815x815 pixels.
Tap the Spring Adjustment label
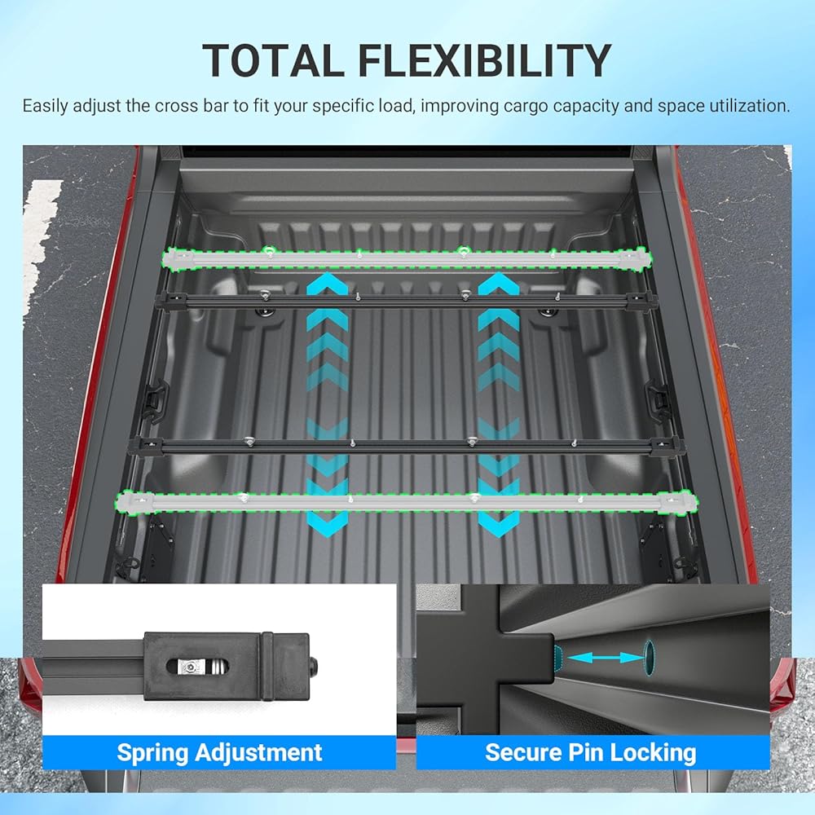[x=219, y=751]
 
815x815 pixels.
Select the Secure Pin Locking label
[x=591, y=751]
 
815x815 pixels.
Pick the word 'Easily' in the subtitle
[x=46, y=106]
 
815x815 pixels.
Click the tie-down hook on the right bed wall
[x=659, y=399]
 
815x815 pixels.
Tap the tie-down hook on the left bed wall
[x=152, y=399]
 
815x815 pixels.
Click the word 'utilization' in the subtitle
[x=750, y=106]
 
